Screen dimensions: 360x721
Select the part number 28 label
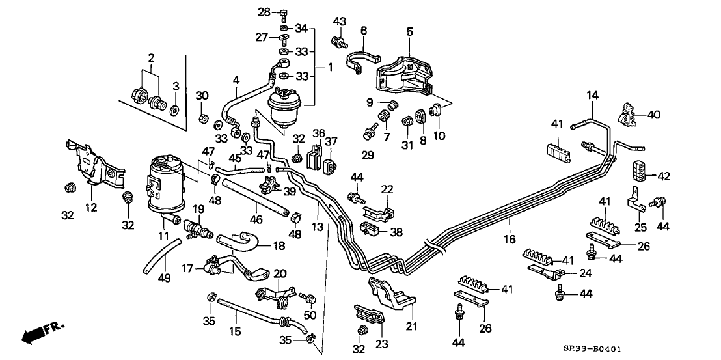[264, 12]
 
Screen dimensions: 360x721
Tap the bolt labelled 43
[338, 42]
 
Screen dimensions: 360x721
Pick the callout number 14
[592, 96]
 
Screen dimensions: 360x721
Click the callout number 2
[151, 59]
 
